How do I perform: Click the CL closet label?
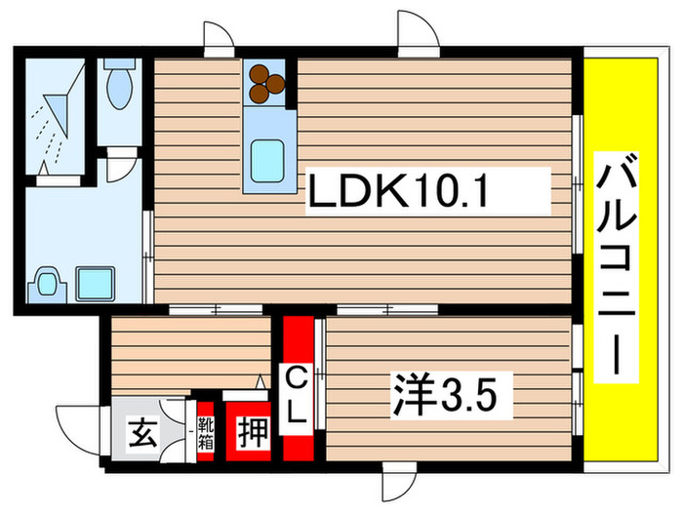point(300,393)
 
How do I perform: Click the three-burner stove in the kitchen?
point(266,83)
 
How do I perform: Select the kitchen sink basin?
point(267,157)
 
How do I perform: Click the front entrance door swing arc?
point(76,421)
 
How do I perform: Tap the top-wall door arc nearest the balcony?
point(418,29)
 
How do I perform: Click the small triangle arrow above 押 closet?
point(261,381)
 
